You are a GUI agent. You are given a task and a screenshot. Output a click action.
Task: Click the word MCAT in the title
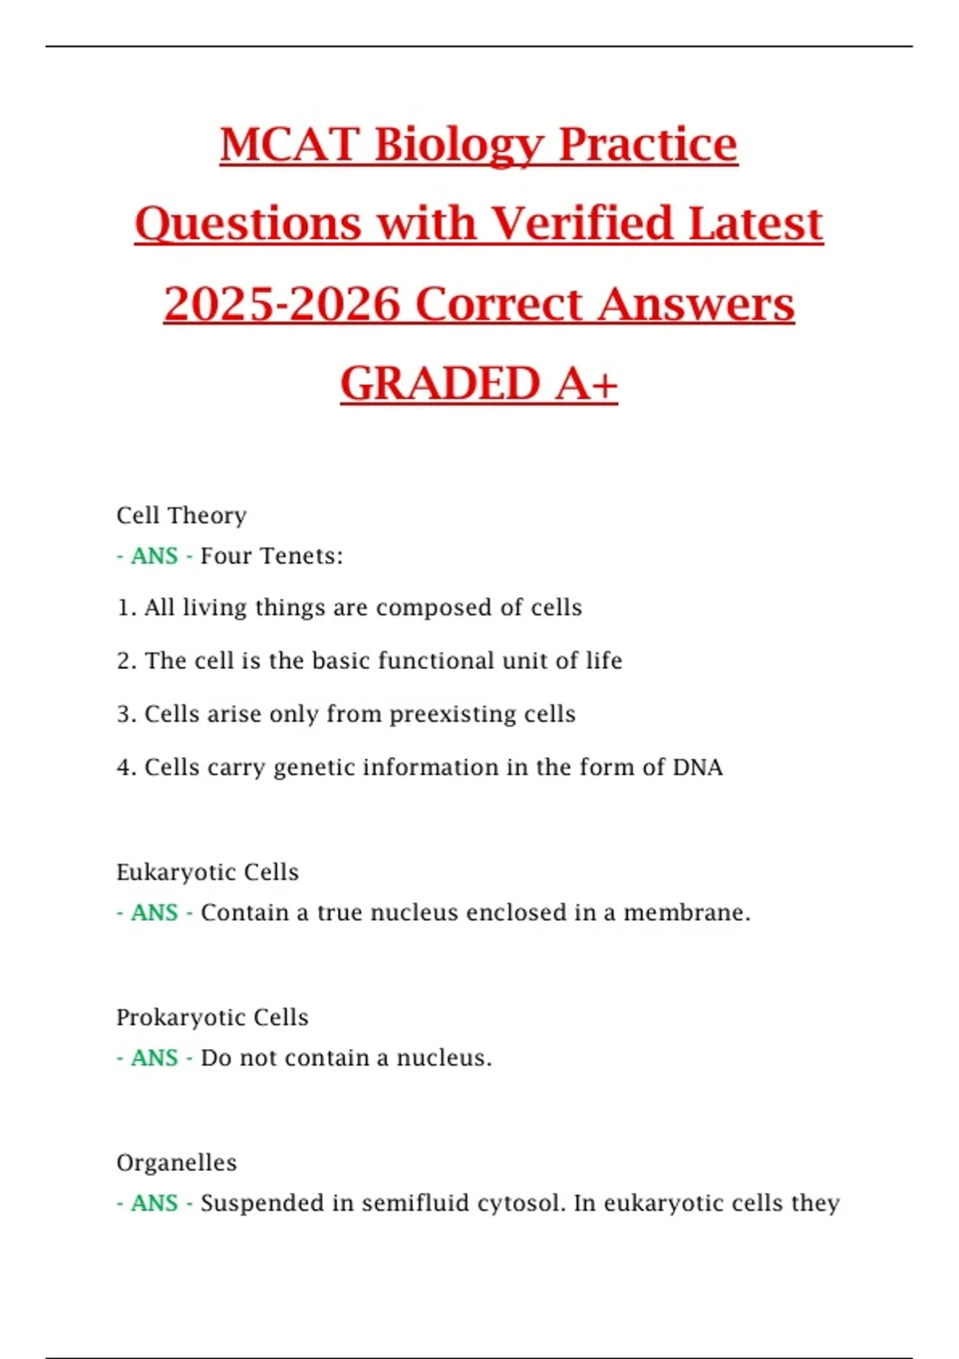[289, 145]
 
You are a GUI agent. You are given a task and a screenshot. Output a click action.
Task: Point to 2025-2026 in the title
[281, 305]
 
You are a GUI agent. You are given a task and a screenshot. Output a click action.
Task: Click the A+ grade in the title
[587, 384]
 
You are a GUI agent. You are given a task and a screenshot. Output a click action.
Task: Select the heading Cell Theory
[181, 516]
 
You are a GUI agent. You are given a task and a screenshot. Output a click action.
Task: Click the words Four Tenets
[271, 556]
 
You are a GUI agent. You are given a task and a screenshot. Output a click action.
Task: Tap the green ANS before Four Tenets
[154, 556]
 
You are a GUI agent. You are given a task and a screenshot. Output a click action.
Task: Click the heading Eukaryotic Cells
[208, 872]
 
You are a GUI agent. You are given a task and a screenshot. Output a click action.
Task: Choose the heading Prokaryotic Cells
[213, 1018]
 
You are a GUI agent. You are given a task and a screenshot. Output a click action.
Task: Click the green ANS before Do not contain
[154, 1058]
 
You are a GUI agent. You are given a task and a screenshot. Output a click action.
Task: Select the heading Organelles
[177, 1162]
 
